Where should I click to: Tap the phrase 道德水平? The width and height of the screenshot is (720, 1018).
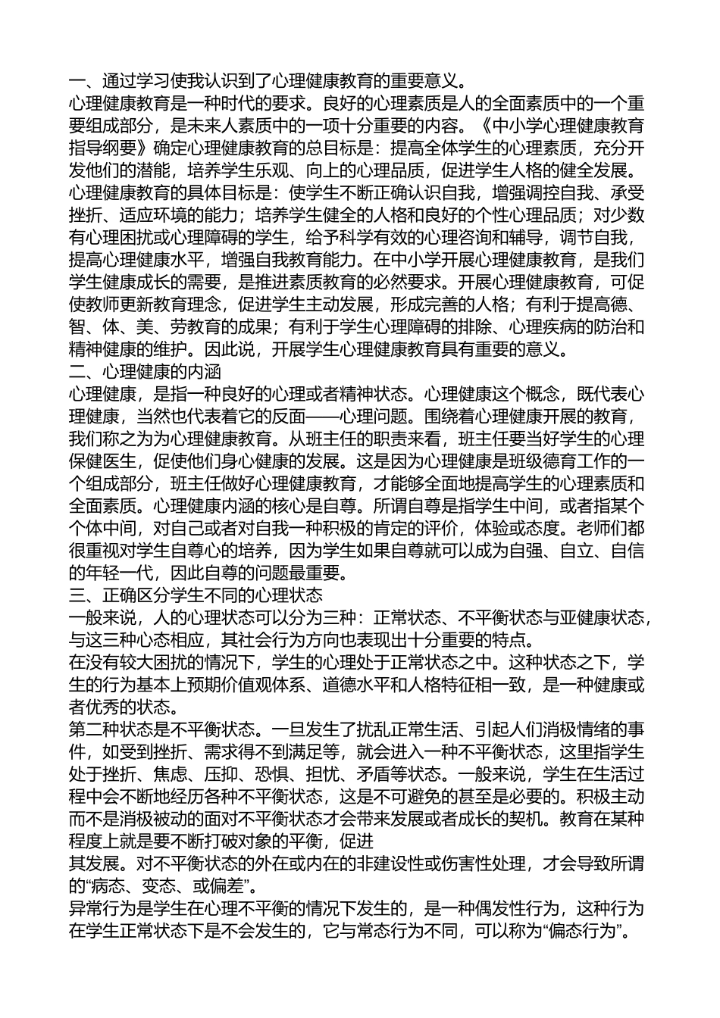(427, 685)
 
